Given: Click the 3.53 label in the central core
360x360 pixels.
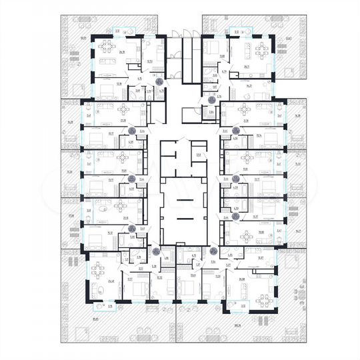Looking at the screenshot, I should click(x=198, y=155).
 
